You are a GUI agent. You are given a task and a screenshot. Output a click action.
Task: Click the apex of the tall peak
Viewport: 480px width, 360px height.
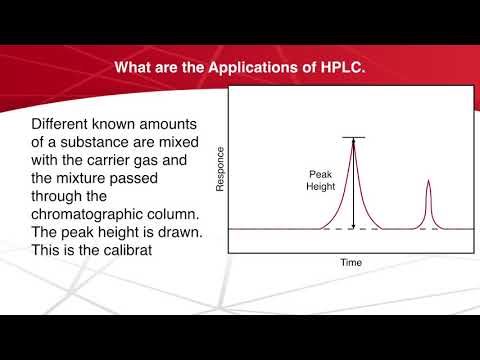tap(353, 141)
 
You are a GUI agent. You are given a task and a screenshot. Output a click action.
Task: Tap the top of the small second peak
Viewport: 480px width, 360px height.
tap(428, 181)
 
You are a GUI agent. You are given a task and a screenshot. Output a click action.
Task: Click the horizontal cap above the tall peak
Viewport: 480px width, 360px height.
tap(353, 136)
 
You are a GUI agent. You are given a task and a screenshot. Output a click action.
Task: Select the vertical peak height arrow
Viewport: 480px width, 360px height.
tap(353, 185)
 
